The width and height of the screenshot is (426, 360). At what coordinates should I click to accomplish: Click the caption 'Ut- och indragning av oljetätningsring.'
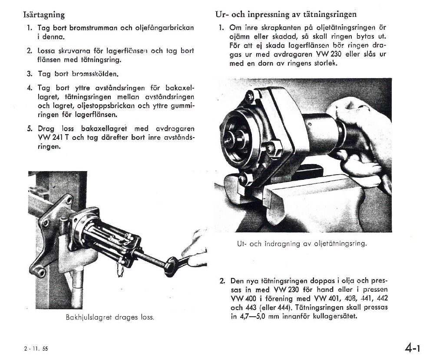pos(302,244)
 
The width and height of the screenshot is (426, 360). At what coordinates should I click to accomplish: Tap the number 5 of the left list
pos(29,129)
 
